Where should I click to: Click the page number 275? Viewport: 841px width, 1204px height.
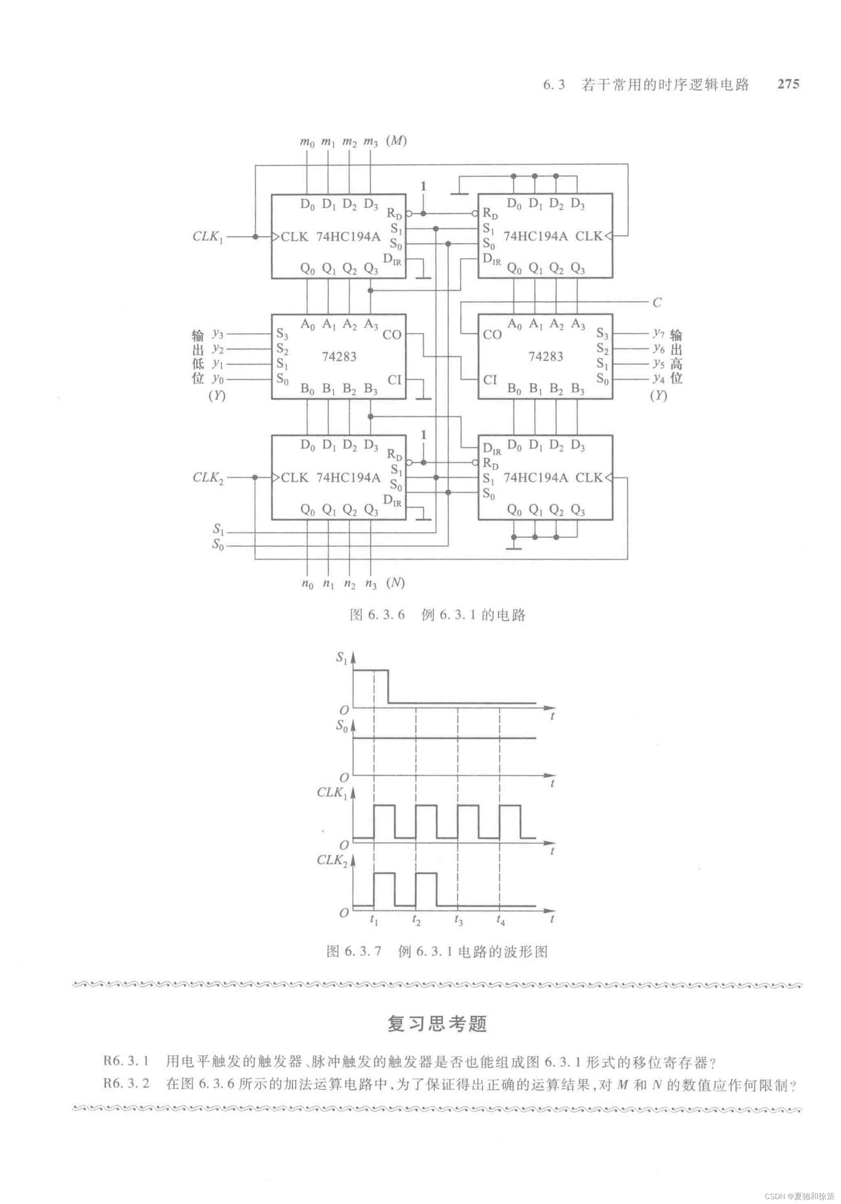[x=788, y=84]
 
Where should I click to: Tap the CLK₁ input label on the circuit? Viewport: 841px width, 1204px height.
[x=207, y=237]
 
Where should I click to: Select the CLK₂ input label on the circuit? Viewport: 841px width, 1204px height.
[x=207, y=478]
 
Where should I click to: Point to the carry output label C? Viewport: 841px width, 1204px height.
[x=656, y=303]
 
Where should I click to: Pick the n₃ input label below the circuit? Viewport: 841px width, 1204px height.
[x=370, y=583]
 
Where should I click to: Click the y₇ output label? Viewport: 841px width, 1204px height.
[x=658, y=333]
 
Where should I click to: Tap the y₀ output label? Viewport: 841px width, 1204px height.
[x=218, y=379]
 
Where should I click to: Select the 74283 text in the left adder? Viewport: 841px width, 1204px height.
[x=339, y=357]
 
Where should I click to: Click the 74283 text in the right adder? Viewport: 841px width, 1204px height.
[x=546, y=357]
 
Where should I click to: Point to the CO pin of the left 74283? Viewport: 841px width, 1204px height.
[x=392, y=335]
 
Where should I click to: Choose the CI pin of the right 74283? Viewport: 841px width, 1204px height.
[x=490, y=380]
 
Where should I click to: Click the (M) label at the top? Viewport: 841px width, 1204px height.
[x=396, y=141]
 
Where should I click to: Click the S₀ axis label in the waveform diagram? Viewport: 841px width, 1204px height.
[x=341, y=726]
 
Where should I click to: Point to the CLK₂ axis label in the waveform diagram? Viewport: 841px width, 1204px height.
[x=332, y=861]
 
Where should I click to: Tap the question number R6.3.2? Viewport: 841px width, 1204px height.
[x=126, y=1084]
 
